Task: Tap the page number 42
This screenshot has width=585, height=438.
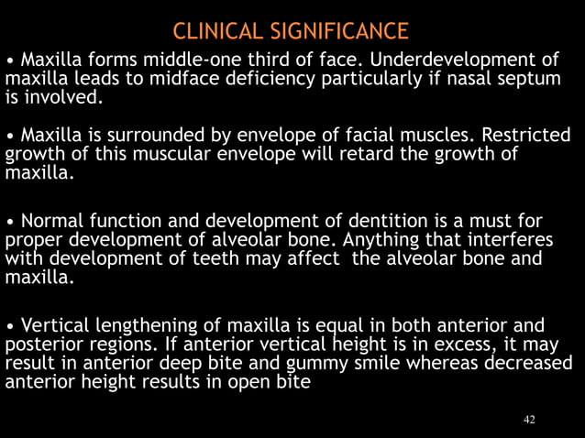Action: (529, 420)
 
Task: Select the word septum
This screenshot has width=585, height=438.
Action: (527, 78)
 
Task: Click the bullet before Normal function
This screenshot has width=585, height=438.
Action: (10, 222)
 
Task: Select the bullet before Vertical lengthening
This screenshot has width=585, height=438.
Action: (10, 325)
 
